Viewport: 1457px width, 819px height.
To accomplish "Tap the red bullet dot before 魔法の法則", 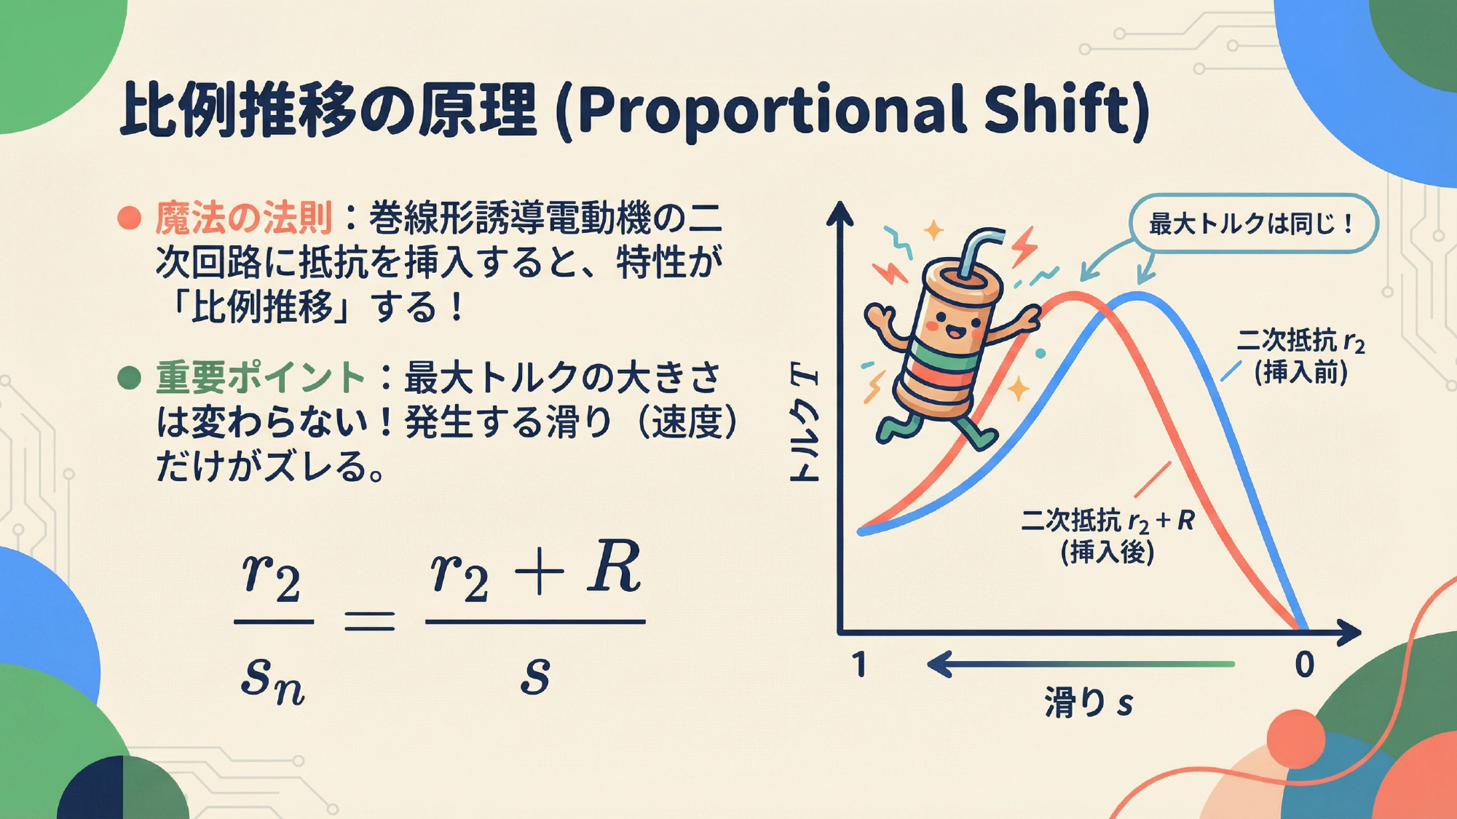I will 129,218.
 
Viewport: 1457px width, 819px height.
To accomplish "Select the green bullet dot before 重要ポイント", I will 129,378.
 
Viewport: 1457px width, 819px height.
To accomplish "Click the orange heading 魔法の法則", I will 243,218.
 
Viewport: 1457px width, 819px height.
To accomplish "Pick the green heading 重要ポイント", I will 260,378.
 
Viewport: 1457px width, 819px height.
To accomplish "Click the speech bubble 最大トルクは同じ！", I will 1253,223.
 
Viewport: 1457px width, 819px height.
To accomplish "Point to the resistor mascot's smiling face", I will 947,324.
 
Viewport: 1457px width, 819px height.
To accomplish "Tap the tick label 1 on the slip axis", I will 860,665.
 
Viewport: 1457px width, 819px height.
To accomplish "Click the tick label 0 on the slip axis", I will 1304,665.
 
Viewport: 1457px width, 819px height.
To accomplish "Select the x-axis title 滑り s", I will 1089,703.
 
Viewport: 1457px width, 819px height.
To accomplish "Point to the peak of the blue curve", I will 1137,296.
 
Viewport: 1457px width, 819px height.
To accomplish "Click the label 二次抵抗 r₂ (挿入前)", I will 1300,356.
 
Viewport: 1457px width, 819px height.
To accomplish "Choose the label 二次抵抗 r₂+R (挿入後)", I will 1107,536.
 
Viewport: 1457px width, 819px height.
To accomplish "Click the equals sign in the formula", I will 369,621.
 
